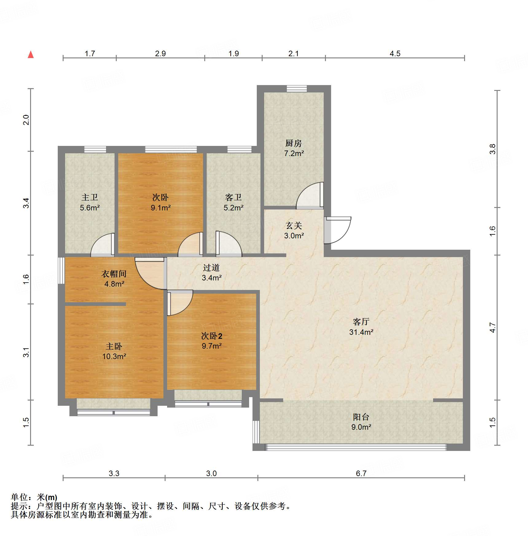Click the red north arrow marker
coord(31,55)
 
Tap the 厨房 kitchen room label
coord(294,143)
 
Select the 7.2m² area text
coord(294,153)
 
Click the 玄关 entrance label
coord(294,226)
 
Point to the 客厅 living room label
coord(361,322)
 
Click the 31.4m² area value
coord(361,332)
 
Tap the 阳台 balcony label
coord(361,417)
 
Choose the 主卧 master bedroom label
coord(114,346)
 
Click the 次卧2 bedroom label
coord(212,336)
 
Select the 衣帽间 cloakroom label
coord(114,274)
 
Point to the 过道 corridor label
coord(211,268)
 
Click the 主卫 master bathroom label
coord(90,197)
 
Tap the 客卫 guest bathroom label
coord(233,197)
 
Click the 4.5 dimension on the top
coord(395,53)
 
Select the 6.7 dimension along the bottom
coord(361,473)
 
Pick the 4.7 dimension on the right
coord(493,327)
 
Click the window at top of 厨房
coord(297,89)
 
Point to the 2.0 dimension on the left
coord(26,120)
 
